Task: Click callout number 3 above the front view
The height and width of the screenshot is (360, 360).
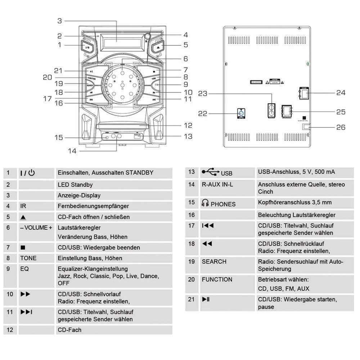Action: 60,21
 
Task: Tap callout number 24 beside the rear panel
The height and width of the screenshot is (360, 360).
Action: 341,93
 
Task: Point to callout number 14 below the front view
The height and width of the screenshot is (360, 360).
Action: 72,151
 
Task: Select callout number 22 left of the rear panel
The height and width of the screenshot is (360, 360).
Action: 203,114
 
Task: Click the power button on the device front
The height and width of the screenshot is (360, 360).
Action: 87,47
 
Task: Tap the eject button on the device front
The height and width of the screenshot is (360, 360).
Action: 159,47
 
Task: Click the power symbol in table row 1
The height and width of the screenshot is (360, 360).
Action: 32,173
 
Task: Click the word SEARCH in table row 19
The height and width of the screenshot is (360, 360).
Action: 214,262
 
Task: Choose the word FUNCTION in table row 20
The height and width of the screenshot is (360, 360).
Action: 217,280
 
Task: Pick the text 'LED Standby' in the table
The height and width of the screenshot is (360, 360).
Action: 75,185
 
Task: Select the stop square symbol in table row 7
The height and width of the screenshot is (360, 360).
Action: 23,248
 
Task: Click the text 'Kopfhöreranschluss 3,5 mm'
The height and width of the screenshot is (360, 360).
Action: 294,202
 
